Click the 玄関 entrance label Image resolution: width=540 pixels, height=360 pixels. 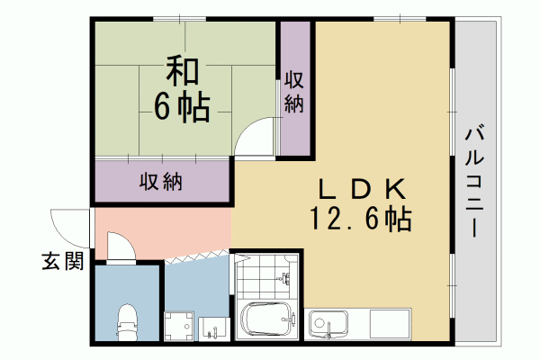[63, 263]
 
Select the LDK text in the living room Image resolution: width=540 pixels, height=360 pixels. [360, 189]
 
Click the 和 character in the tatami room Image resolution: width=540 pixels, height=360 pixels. [181, 71]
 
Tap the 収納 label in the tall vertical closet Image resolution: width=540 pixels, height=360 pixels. [293, 91]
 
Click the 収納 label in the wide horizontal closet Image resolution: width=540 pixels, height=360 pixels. [161, 182]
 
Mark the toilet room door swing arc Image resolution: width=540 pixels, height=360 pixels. [120, 246]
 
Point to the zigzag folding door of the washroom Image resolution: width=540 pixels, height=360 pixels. [198, 256]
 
